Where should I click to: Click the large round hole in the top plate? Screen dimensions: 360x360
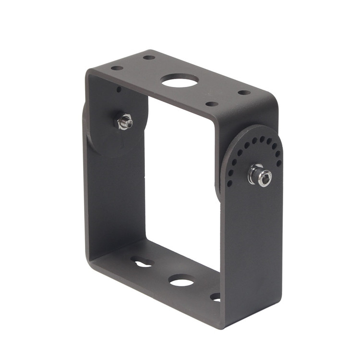click(x=180, y=80)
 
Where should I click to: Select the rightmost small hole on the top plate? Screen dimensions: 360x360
click(x=244, y=92)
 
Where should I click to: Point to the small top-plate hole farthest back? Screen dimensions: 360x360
click(x=149, y=58)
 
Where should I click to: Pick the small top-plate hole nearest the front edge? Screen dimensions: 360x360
click(x=212, y=104)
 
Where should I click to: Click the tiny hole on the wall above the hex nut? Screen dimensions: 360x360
click(x=119, y=89)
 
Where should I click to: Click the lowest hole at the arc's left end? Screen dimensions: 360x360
click(x=229, y=183)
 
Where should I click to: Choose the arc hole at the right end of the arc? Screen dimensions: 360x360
click(x=279, y=163)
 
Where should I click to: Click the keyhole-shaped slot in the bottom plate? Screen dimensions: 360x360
click(x=142, y=263)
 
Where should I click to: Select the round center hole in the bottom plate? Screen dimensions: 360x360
click(x=181, y=280)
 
